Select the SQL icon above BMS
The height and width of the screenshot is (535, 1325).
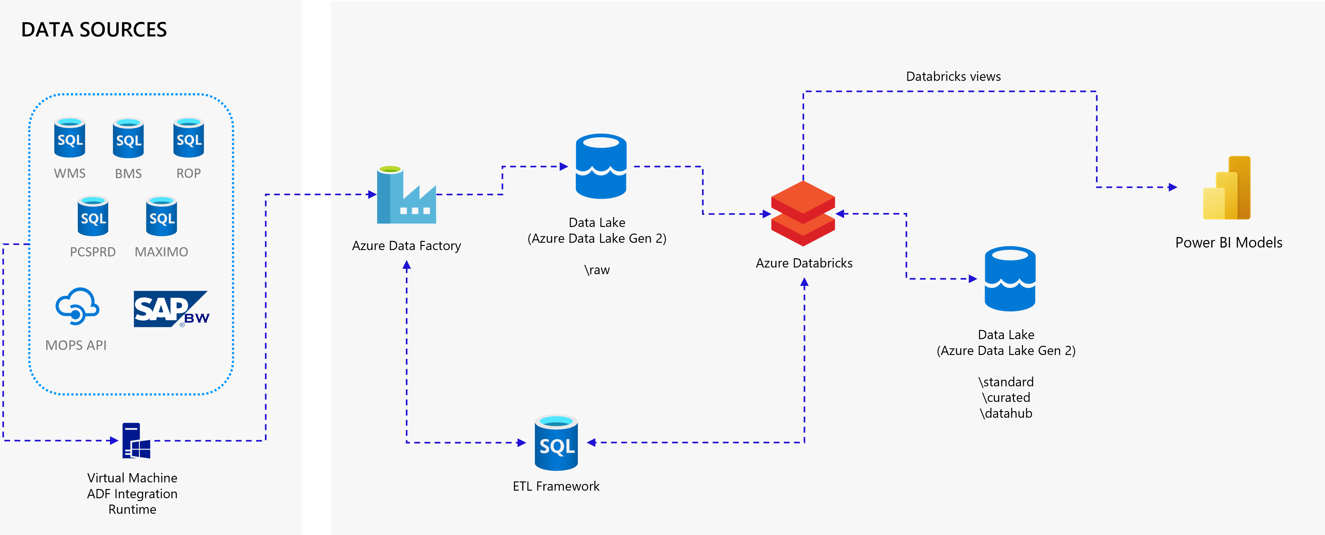click(x=128, y=138)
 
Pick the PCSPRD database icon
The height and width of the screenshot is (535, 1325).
click(x=93, y=216)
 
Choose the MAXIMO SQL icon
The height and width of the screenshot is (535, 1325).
click(x=162, y=216)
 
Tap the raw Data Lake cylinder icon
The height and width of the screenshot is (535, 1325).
click(x=601, y=166)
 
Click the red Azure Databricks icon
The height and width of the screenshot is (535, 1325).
click(x=803, y=214)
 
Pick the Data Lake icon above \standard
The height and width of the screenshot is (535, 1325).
click(x=1010, y=279)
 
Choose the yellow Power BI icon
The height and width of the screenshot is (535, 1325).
click(x=1227, y=188)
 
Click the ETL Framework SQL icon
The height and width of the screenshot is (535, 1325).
click(x=556, y=442)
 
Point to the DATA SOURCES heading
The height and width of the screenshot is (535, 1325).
click(x=94, y=30)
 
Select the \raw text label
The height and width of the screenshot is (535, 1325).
click(x=597, y=270)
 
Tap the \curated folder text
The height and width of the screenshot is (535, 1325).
click(x=1006, y=398)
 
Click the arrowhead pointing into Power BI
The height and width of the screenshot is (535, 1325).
click(x=1172, y=187)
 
